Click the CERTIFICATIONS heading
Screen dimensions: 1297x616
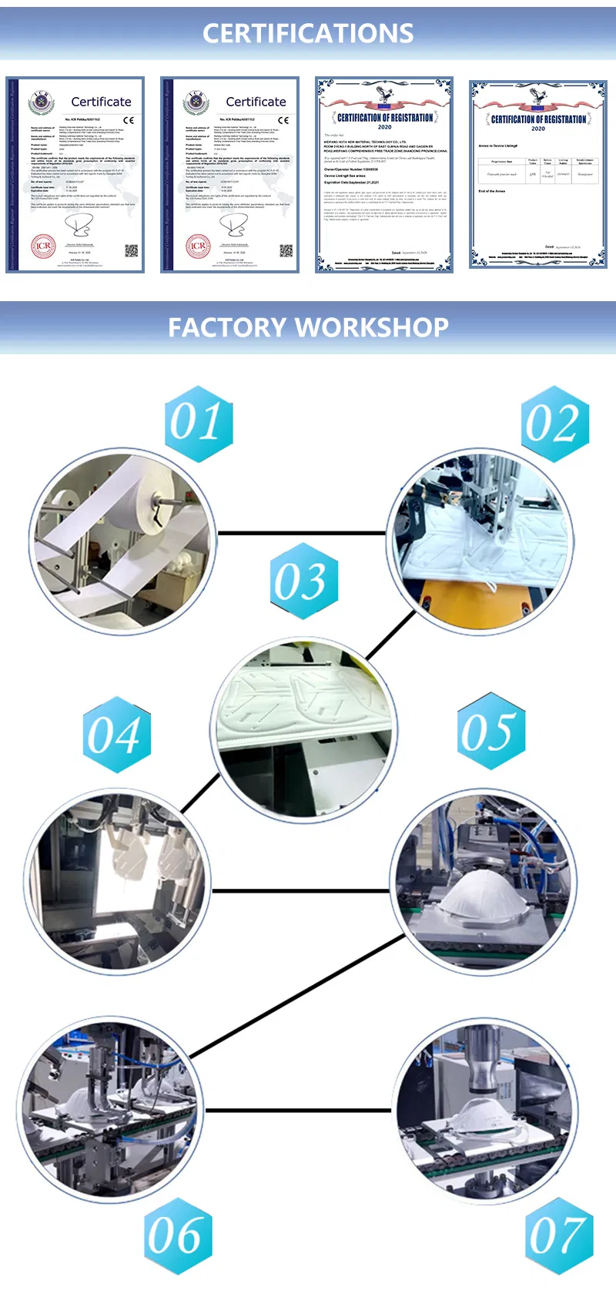pos(308,33)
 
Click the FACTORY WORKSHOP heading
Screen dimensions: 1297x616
pos(308,327)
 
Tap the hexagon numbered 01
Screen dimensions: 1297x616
pos(199,424)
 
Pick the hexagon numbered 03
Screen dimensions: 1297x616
pos(304,581)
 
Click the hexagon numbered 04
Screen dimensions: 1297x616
pos(116,735)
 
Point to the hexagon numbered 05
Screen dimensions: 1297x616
pos(490,731)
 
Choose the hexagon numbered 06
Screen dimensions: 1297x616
pos(179,1235)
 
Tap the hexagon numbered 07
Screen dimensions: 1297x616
pos(559,1235)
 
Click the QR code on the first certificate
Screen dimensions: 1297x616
pos(131,250)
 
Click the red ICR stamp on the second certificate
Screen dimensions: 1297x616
pos(198,246)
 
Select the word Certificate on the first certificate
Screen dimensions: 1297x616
pos(101,102)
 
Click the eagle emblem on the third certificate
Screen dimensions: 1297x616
pos(384,96)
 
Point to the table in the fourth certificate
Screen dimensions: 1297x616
pos(537,169)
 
